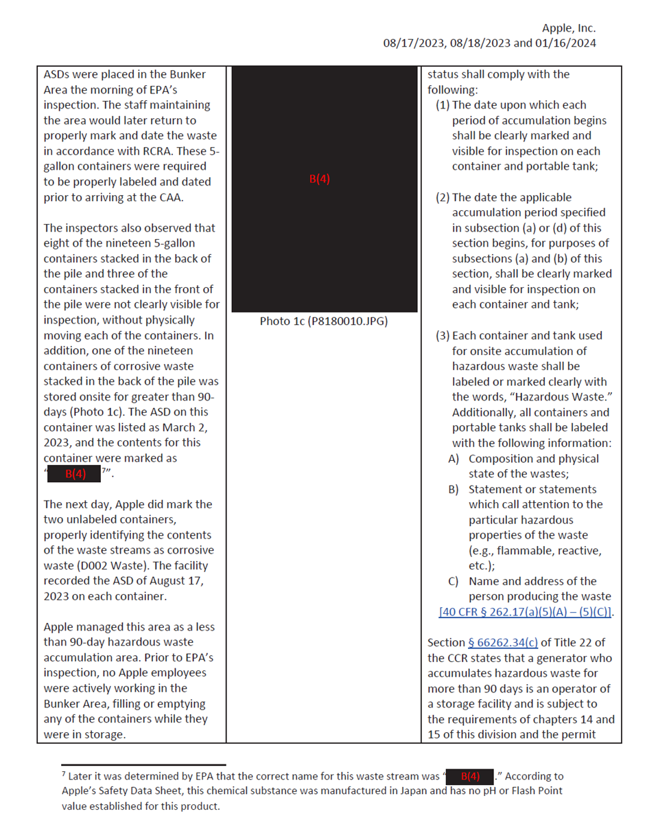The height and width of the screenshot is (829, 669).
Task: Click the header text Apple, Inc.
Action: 568,28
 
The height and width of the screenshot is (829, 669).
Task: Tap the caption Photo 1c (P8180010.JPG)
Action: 322,321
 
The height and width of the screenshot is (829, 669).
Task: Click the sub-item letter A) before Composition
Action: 454,459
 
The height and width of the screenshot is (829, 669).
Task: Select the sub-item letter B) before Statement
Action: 454,490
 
